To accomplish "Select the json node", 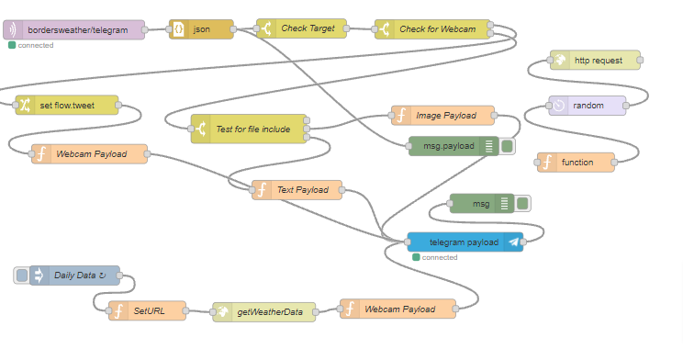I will point(201,29).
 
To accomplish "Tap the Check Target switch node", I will point(302,29).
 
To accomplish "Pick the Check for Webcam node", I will point(431,29).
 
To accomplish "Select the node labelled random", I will point(588,106).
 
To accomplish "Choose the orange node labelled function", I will point(577,163).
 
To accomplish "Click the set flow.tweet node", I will point(67,105).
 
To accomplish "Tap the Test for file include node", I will point(251,129).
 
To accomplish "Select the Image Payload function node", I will point(442,115).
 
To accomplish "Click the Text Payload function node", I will point(297,190).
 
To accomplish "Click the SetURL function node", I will point(147,311).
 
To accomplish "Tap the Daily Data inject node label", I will point(79,276).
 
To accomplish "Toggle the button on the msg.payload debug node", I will point(508,146).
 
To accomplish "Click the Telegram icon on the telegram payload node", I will point(514,242).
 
